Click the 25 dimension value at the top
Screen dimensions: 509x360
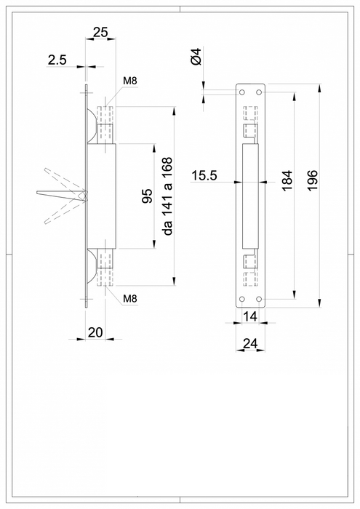click(101, 31)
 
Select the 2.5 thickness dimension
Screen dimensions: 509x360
click(57, 61)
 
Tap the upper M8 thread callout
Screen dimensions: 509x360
click(130, 79)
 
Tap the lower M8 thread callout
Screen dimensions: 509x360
click(130, 299)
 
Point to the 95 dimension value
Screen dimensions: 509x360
click(147, 196)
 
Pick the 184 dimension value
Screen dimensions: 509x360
click(287, 181)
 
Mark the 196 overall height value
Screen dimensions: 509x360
click(312, 181)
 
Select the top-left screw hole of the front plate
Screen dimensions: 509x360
click(241, 92)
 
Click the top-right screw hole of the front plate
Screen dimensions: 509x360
click(259, 92)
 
